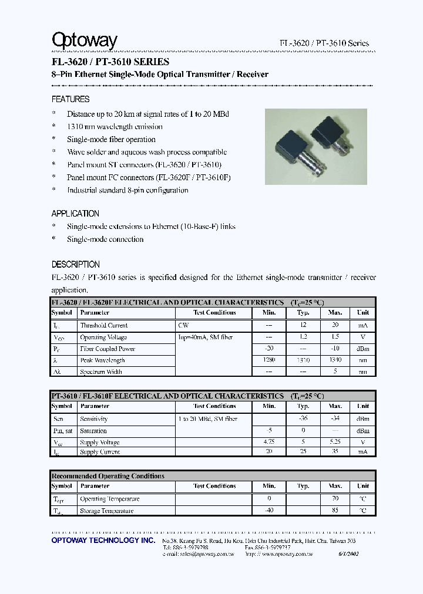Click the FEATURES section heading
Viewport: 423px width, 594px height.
pyautogui.click(x=70, y=99)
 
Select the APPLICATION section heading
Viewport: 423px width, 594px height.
pyautogui.click(x=75, y=214)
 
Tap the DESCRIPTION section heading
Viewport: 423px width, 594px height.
pyautogui.click(x=76, y=265)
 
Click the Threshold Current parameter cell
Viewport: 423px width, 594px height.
pyautogui.click(x=104, y=325)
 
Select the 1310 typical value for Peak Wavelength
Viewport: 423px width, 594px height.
pyautogui.click(x=303, y=360)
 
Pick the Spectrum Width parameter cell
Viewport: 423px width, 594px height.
pyautogui.click(x=100, y=372)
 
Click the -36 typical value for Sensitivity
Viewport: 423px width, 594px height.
pyautogui.click(x=303, y=419)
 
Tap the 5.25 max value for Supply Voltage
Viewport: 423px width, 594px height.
pyautogui.click(x=335, y=442)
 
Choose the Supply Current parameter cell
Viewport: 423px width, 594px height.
pyautogui.click(x=100, y=453)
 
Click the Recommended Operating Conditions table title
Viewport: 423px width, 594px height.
pyautogui.click(x=108, y=476)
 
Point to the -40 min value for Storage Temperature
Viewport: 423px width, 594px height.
pyautogui.click(x=269, y=510)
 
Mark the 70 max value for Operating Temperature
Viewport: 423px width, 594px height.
pyautogui.click(x=335, y=498)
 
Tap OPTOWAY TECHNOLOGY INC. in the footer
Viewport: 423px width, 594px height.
pyautogui.click(x=103, y=540)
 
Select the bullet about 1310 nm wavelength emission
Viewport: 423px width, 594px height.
pyautogui.click(x=115, y=126)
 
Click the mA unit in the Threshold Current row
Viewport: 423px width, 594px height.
pyautogui.click(x=363, y=325)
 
